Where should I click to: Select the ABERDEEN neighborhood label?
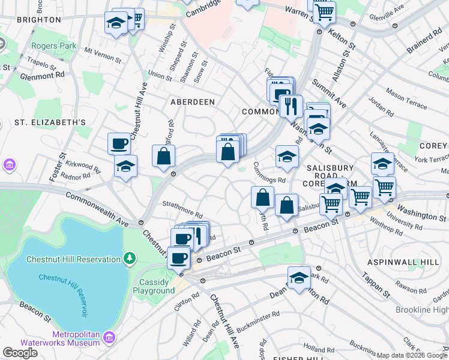tap(193, 102)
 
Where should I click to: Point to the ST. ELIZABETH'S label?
tap(50, 122)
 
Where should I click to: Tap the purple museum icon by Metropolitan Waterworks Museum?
tap(109, 337)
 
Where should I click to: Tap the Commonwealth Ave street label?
tap(97, 209)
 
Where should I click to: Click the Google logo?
tap(20, 353)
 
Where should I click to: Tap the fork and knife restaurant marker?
tap(291, 107)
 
